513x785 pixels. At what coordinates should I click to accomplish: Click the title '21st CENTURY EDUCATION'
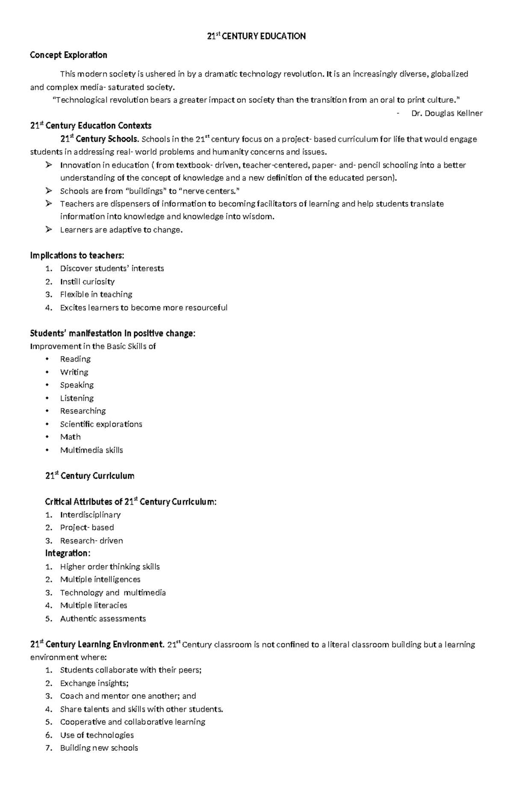tap(256, 36)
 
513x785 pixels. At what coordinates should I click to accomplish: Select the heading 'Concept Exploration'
tap(68, 55)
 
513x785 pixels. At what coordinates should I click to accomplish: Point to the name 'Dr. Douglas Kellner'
tap(447, 113)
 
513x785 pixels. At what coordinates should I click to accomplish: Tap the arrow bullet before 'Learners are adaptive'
tap(48, 230)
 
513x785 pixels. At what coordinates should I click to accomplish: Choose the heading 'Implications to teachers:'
tap(77, 255)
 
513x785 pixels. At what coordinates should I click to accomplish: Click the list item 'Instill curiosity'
tap(87, 281)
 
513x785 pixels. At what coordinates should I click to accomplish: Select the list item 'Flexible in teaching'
tap(96, 294)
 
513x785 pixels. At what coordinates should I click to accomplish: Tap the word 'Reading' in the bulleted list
tap(75, 359)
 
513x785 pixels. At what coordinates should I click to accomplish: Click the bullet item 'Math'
tap(70, 437)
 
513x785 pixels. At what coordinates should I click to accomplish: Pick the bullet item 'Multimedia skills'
tap(91, 450)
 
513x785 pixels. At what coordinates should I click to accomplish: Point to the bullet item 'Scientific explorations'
tap(101, 424)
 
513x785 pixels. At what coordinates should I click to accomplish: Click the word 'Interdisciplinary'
tap(90, 515)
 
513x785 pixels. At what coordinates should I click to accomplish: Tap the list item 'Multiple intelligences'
tap(100, 579)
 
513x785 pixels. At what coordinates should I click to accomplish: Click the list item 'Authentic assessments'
tap(103, 619)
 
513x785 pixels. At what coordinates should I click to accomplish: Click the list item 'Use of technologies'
tap(97, 735)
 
